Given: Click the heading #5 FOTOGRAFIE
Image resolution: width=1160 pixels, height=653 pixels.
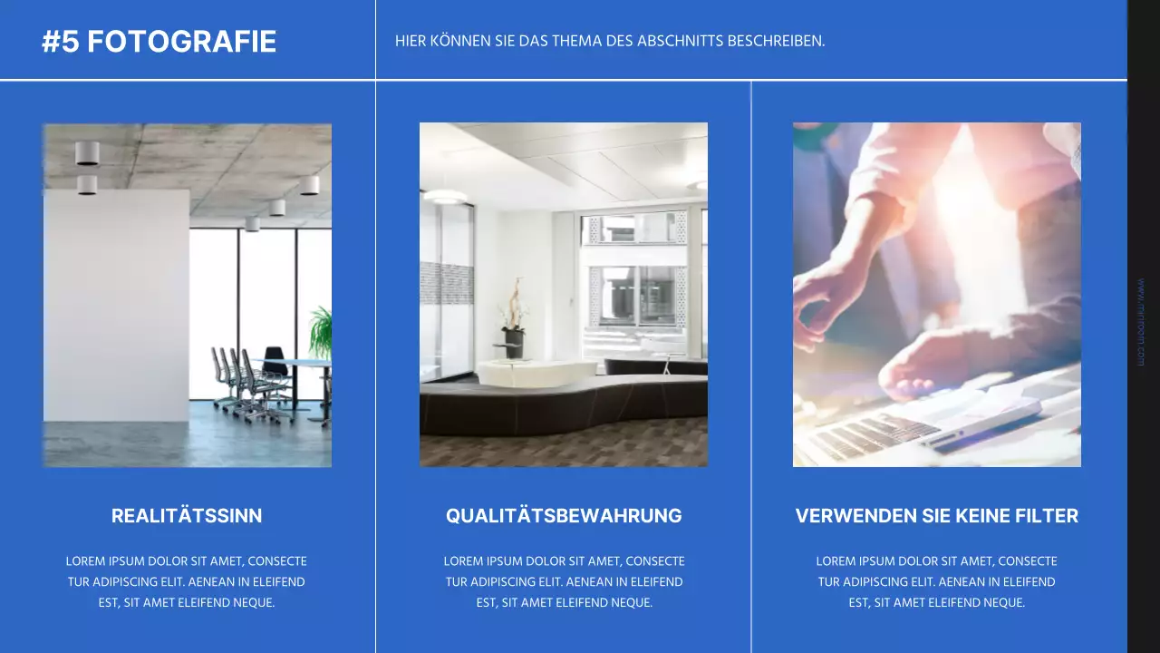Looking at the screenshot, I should (x=159, y=42).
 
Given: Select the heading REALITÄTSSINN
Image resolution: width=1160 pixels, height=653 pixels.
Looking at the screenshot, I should (x=187, y=516).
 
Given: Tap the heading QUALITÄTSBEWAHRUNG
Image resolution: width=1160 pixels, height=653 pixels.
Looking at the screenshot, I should (x=564, y=516).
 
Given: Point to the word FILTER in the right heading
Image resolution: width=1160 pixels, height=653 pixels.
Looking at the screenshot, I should (x=1049, y=516).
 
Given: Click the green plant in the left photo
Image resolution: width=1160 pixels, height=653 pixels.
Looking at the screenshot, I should (x=321, y=334).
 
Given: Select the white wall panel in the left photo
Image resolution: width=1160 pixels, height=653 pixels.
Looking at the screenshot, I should (x=116, y=304).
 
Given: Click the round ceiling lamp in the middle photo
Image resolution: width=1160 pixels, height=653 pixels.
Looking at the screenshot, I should (x=445, y=196).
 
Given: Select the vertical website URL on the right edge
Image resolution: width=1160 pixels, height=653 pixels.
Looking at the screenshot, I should (x=1140, y=322).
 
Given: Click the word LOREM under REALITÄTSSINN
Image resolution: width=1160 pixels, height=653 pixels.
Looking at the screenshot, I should (x=85, y=561).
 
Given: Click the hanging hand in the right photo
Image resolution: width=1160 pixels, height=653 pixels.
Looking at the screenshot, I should (x=829, y=299).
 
